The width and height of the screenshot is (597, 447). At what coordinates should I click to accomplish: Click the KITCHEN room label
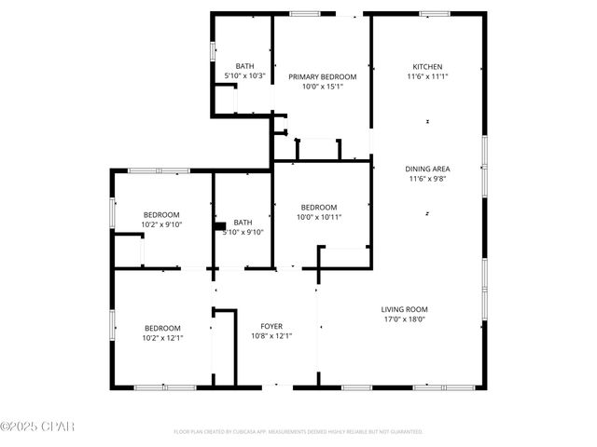click(427, 67)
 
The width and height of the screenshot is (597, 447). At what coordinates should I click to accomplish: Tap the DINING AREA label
click(427, 169)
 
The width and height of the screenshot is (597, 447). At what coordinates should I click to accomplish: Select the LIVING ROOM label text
click(403, 308)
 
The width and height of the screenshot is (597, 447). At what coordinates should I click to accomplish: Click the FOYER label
click(272, 326)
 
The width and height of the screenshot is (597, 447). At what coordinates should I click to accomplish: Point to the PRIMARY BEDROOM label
click(322, 76)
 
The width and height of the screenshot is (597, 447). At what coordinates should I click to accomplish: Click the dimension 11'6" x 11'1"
click(427, 77)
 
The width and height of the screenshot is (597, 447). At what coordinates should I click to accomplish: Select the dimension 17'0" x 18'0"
click(403, 318)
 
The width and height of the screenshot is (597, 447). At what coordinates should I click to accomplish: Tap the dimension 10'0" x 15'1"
click(322, 87)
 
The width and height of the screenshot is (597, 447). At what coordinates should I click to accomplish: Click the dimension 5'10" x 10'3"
click(245, 75)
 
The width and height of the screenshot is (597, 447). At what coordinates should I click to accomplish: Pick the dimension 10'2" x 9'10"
click(161, 224)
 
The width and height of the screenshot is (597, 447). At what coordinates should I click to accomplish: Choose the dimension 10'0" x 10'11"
click(319, 217)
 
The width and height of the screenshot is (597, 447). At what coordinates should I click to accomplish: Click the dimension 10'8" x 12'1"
click(272, 336)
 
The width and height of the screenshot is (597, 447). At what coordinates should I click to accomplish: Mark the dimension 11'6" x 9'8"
click(427, 179)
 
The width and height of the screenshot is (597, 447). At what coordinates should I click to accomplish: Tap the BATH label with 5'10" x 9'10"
click(243, 222)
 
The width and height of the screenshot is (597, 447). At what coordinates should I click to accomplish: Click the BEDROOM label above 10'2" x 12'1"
click(161, 327)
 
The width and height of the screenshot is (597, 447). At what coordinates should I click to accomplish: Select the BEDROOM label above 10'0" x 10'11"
click(319, 207)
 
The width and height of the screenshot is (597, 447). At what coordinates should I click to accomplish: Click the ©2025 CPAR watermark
click(36, 426)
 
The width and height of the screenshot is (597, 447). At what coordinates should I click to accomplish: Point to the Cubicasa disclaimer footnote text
click(298, 432)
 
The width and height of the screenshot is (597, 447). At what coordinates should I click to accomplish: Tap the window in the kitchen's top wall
click(435, 13)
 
